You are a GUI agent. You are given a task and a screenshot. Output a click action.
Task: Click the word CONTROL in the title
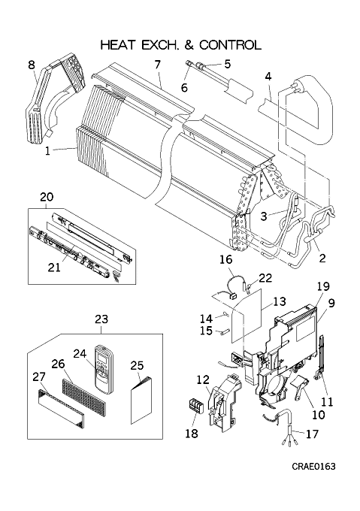coord(230,45)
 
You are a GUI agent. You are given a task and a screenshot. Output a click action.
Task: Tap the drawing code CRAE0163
coord(313,467)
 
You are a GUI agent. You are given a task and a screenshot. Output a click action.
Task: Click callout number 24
coord(80,353)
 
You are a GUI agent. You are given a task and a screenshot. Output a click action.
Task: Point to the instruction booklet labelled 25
coord(141,400)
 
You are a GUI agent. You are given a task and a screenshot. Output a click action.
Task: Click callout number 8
coord(32,65)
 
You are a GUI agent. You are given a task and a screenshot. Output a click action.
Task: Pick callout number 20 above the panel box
coord(47,197)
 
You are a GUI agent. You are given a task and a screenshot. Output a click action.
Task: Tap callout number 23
coord(101,319)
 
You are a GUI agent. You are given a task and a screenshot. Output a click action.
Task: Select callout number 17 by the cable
coord(312,434)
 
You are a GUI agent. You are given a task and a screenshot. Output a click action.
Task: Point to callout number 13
coord(280,301)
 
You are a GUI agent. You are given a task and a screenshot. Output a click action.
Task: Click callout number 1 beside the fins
coord(47,151)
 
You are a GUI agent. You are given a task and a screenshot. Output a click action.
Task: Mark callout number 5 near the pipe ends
coord(228,64)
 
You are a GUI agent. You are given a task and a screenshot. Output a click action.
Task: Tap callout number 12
coord(202,379)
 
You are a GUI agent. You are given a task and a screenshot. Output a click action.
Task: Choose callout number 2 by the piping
coord(322,258)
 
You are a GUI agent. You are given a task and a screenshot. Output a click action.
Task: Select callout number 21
coord(54,268)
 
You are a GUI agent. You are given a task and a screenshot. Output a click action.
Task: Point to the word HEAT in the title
coord(117,45)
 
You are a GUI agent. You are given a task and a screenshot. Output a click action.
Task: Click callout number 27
coord(39,376)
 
